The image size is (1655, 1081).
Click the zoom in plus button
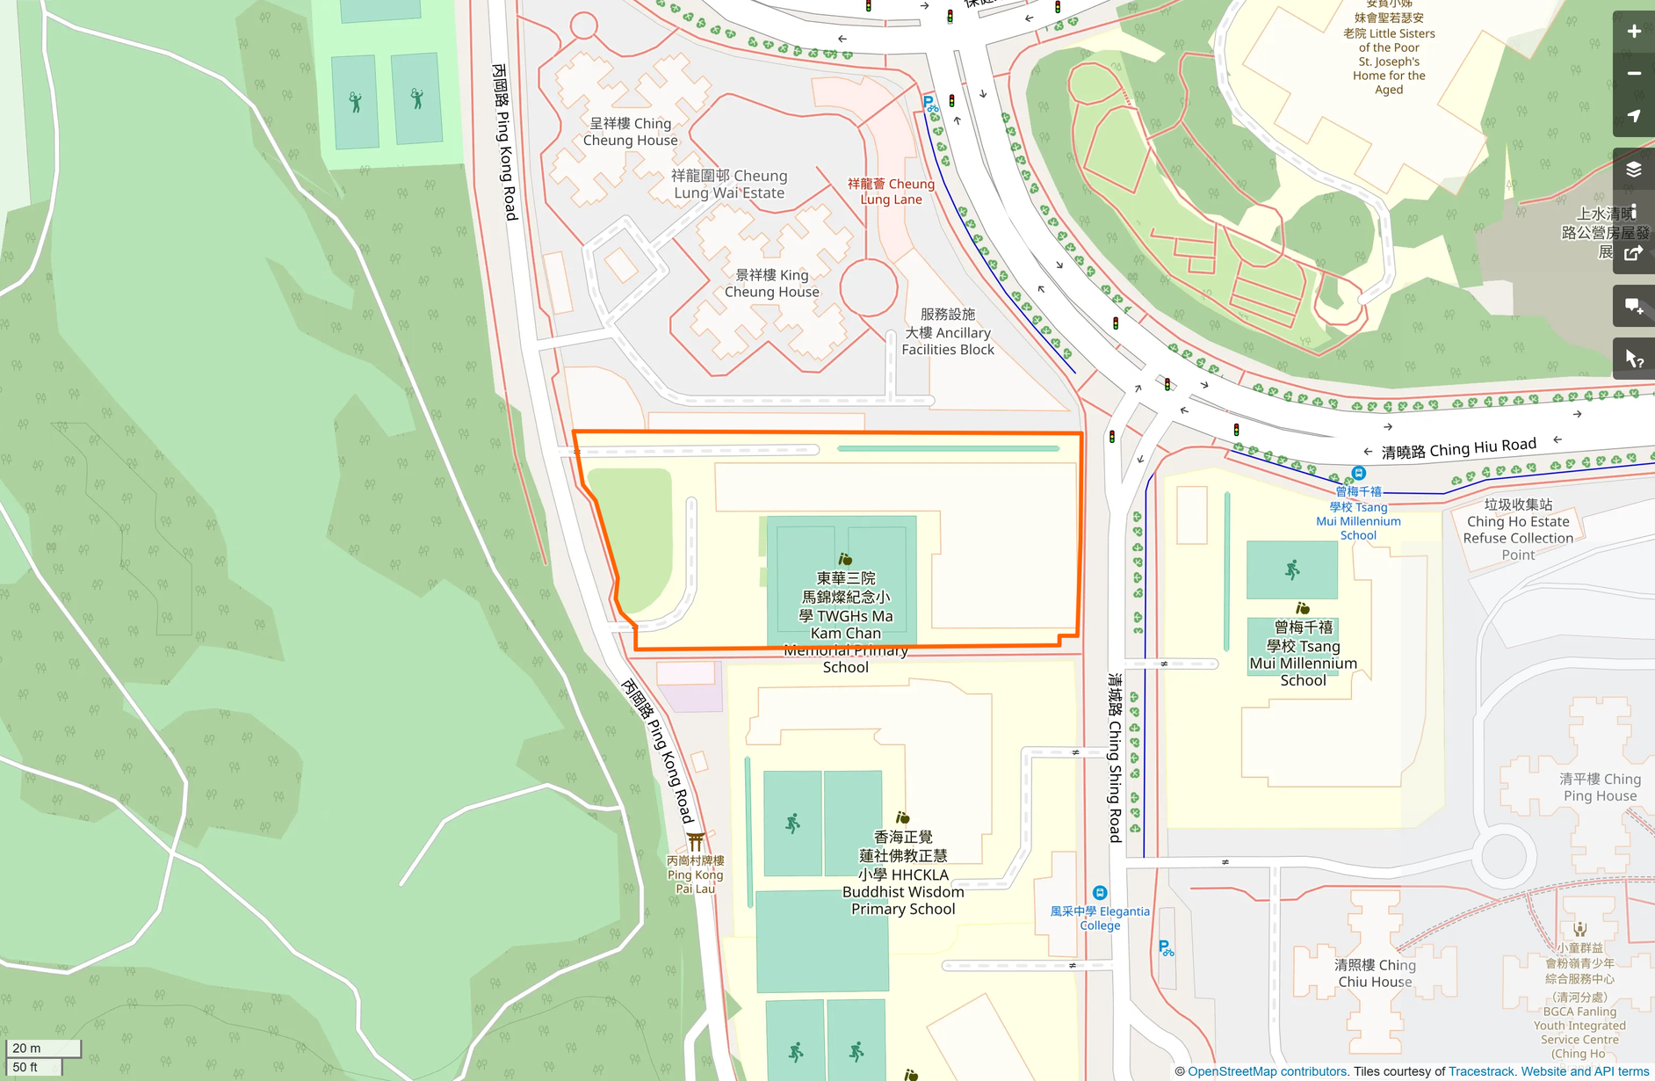pyautogui.click(x=1633, y=32)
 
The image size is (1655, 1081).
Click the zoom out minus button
pyautogui.click(x=1633, y=74)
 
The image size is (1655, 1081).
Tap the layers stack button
pyautogui.click(x=1633, y=169)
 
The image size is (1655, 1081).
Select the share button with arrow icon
pyautogui.click(x=1633, y=254)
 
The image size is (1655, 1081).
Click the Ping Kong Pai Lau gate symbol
pyautogui.click(x=695, y=842)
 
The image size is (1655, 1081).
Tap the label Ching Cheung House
pyautogui.click(x=630, y=132)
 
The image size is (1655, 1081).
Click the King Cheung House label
pyautogui.click(x=771, y=283)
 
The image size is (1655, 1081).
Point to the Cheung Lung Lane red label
pyautogui.click(x=891, y=192)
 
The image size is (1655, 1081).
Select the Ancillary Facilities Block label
pyautogui.click(x=947, y=332)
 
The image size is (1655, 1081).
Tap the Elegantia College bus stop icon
pyautogui.click(x=1099, y=893)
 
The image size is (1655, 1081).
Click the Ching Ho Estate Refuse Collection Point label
pyautogui.click(x=1517, y=530)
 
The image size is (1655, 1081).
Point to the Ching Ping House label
pyautogui.click(x=1600, y=787)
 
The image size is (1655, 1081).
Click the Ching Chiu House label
pyautogui.click(x=1375, y=974)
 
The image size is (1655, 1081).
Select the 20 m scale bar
pyautogui.click(x=43, y=1048)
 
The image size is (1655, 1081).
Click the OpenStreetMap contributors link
pyautogui.click(x=1267, y=1071)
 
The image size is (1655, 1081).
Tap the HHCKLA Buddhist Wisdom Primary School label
pyautogui.click(x=902, y=874)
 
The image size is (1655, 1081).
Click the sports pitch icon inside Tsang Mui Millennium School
pyautogui.click(x=1291, y=570)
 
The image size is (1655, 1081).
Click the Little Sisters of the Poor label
pyautogui.click(x=1388, y=54)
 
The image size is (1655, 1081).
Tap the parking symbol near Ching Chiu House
pyautogui.click(x=1165, y=948)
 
